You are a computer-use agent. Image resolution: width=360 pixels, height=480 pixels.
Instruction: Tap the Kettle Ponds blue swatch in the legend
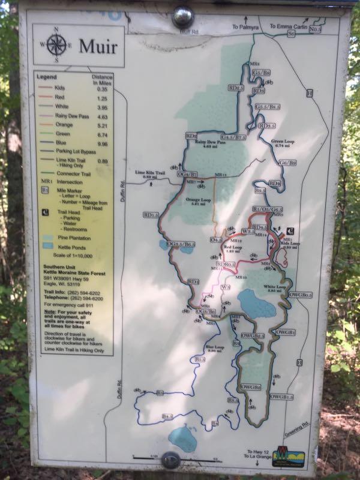click(47, 247)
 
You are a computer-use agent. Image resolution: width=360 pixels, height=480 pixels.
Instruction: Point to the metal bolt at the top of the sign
click(182, 16)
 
